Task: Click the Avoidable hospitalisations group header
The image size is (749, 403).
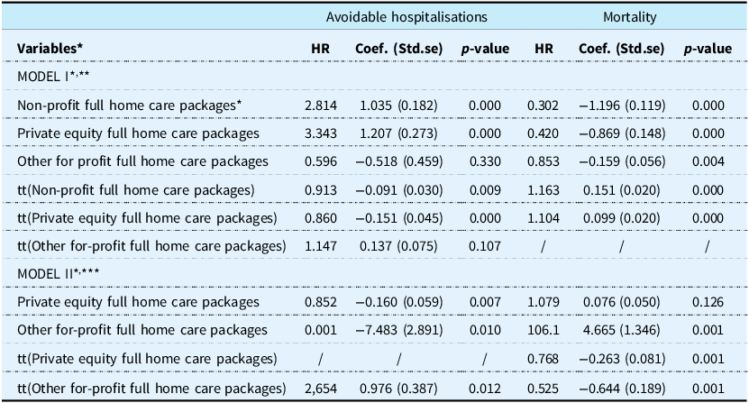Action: (x=406, y=17)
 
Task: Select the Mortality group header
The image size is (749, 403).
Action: (x=630, y=17)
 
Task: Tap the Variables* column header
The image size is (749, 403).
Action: (x=50, y=49)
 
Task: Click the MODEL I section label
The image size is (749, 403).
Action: (x=53, y=76)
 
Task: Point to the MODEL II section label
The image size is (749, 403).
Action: (x=59, y=273)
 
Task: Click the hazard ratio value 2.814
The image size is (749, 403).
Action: (x=321, y=105)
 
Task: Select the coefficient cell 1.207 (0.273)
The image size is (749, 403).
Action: (x=398, y=133)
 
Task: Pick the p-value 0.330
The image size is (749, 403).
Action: (x=485, y=161)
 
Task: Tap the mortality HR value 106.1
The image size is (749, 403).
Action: (x=543, y=330)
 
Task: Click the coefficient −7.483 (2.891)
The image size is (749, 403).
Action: (x=399, y=330)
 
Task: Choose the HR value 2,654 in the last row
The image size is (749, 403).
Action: (x=321, y=389)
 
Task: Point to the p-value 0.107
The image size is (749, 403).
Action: (x=485, y=246)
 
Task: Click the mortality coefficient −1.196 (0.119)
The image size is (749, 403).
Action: (x=621, y=105)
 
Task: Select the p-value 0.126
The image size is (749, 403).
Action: (x=708, y=302)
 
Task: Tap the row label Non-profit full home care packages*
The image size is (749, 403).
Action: (x=130, y=105)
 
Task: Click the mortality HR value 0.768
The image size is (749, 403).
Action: (x=543, y=359)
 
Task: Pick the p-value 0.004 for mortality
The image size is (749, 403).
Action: (x=708, y=161)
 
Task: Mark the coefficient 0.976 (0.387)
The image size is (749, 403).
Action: (x=398, y=389)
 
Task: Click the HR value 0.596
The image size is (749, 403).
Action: (x=321, y=161)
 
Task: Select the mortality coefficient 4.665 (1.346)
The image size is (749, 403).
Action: (x=621, y=330)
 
